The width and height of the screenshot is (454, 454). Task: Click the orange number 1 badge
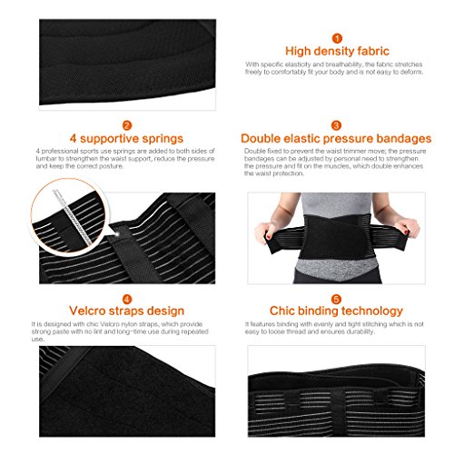click(x=336, y=38)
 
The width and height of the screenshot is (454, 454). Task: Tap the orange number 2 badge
click(x=127, y=124)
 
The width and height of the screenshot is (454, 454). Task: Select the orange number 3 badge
click(x=336, y=124)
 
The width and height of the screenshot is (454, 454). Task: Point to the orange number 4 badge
click(x=127, y=297)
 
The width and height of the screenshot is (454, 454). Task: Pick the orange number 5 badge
click(x=336, y=297)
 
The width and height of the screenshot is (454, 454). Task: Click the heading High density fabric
click(x=336, y=52)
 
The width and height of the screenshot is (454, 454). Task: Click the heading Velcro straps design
click(x=127, y=311)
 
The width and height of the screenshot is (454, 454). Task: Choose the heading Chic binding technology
click(x=336, y=311)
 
